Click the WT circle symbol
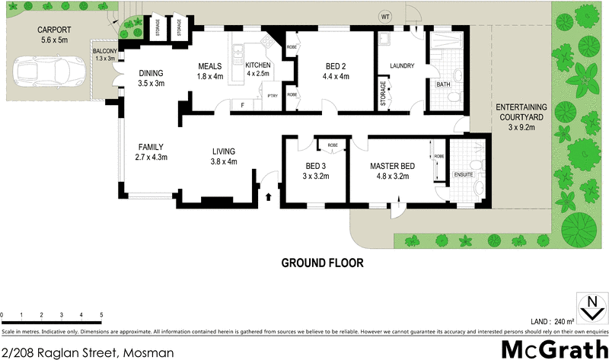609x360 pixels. [387, 15]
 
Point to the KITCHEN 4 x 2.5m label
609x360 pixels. [261, 70]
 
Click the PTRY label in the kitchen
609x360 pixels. [272, 95]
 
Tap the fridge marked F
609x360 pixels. [242, 105]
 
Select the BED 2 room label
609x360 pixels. [336, 70]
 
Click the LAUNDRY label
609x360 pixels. [401, 66]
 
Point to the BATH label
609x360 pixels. [443, 84]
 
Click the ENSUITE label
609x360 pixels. [463, 174]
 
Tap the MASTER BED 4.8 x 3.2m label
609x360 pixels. [391, 170]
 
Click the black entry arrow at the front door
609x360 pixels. [267, 197]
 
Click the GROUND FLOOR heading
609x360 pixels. [322, 263]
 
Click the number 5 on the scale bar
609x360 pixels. [101, 315]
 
